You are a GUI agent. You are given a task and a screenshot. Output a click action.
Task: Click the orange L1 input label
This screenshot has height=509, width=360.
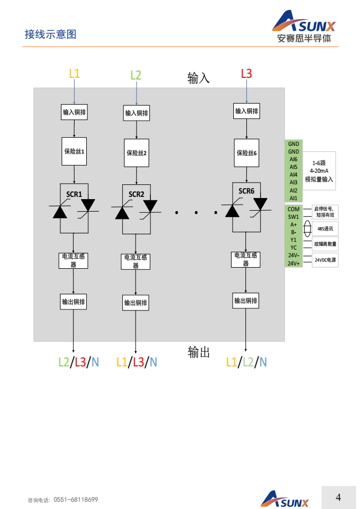pyautogui.click(x=74, y=73)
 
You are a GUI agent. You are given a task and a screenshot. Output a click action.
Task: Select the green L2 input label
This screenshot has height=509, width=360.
pyautogui.click(x=136, y=75)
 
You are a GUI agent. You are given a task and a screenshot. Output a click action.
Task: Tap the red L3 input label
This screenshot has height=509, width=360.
pyautogui.click(x=246, y=73)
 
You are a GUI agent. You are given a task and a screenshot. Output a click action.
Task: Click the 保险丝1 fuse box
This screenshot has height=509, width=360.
pyautogui.click(x=74, y=151)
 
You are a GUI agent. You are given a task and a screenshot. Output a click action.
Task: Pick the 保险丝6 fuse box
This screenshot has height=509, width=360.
pyautogui.click(x=246, y=153)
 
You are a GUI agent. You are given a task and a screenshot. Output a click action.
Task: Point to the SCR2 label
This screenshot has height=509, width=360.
pyautogui.click(x=136, y=194)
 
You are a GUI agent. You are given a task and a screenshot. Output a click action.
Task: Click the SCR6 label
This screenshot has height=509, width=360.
pyautogui.click(x=246, y=191)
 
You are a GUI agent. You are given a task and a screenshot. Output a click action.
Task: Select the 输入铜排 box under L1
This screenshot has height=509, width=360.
pyautogui.click(x=74, y=112)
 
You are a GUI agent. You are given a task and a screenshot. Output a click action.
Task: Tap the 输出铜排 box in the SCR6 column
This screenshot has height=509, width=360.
pyautogui.click(x=246, y=301)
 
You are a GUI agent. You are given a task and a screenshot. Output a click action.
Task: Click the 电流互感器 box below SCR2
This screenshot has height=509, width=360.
pyautogui.click(x=136, y=261)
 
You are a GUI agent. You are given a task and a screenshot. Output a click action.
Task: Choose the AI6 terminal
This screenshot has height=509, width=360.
pyautogui.click(x=294, y=159)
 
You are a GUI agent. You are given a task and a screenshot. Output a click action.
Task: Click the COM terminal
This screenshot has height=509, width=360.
pyautogui.click(x=294, y=209)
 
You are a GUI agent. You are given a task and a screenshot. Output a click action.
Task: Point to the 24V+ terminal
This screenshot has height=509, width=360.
pyautogui.click(x=294, y=263)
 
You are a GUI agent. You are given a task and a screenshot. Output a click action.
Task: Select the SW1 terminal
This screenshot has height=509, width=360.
pyautogui.click(x=294, y=217)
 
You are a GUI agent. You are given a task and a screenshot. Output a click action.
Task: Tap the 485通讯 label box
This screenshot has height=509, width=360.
pyautogui.click(x=325, y=228)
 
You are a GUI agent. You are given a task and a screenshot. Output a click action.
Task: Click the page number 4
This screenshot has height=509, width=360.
pyautogui.click(x=338, y=497)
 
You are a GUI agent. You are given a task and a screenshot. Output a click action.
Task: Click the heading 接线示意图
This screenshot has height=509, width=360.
pyautogui.click(x=50, y=35)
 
